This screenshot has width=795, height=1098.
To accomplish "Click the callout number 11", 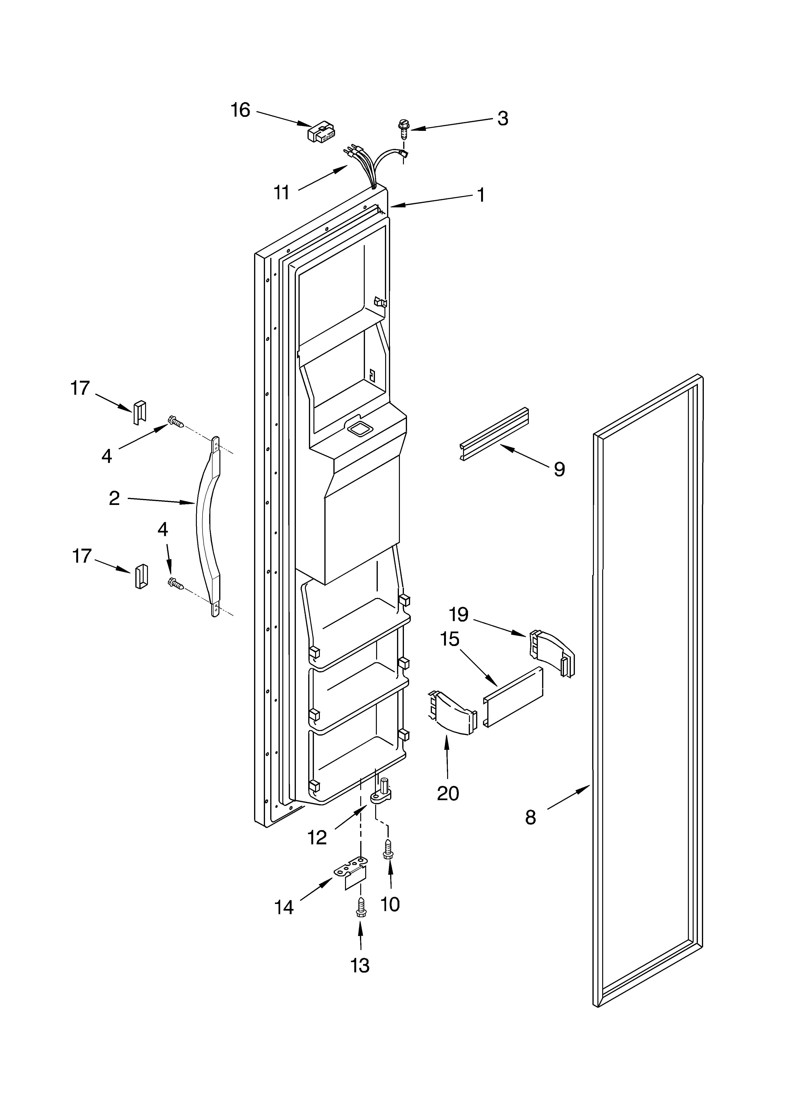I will (281, 193).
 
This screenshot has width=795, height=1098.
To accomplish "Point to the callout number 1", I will (481, 195).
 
